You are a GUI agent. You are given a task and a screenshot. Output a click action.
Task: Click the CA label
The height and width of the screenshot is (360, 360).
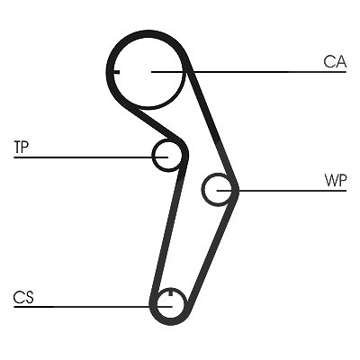pyautogui.click(x=335, y=62)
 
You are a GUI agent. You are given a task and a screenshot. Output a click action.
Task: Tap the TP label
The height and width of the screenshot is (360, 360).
pyautogui.click(x=22, y=147)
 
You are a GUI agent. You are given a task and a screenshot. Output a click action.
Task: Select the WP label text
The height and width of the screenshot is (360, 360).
pyautogui.click(x=336, y=180)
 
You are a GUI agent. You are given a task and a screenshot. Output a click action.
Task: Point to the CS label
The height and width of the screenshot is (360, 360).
pyautogui.click(x=23, y=297)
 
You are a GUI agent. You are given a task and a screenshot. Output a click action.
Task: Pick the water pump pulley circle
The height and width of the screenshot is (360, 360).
pyautogui.click(x=203, y=190)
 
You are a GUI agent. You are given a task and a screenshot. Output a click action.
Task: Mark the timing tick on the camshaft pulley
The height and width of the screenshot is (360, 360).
pyautogui.click(x=116, y=72)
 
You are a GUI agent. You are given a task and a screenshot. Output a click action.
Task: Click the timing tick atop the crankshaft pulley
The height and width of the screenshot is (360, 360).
pyautogui.click(x=171, y=292)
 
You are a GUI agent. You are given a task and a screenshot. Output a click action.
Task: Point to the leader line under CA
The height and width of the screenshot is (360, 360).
pyautogui.click(x=249, y=72)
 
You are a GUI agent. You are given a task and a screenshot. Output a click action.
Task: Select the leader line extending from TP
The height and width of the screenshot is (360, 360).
pyautogui.click(x=91, y=157)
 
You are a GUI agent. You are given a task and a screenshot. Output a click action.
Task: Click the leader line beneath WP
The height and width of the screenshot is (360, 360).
pyautogui.click(x=282, y=191)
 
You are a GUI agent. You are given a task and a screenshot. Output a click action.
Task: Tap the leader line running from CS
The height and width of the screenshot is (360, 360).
pyautogui.click(x=93, y=307)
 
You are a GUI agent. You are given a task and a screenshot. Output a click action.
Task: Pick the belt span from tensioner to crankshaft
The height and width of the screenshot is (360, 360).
pyautogui.click(x=168, y=228)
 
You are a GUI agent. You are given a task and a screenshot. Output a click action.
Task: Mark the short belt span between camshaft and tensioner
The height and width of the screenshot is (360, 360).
pyautogui.click(x=155, y=123)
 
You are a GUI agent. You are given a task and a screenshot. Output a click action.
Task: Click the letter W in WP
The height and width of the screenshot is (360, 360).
pyautogui.click(x=331, y=180)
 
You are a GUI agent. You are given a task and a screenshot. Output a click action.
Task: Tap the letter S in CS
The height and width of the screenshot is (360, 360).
pyautogui.click(x=29, y=297)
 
